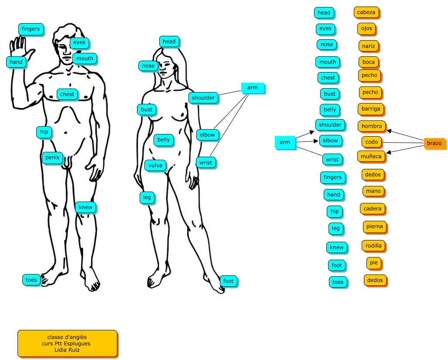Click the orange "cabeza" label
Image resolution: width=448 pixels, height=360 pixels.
coord(366,13)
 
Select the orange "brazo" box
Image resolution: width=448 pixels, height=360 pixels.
coord(434,143)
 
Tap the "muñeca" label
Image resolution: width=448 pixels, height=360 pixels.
coord(371,156)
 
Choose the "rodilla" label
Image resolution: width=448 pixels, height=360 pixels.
coord(373,246)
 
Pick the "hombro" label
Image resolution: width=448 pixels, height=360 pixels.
coord(372,126)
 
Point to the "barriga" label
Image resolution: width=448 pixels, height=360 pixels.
coord(371,109)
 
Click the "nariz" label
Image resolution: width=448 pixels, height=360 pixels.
coord(369,46)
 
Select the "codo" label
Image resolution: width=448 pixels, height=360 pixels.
coord(372,142)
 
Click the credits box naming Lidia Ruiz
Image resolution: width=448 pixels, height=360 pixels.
coord(67,343)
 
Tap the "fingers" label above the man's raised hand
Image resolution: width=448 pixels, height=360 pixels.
coord(31,29)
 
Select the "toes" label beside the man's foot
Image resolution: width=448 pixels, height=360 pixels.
coord(31,280)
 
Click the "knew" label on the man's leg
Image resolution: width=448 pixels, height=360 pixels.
coord(85,207)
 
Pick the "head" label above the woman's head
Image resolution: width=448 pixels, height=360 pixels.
coord(169,41)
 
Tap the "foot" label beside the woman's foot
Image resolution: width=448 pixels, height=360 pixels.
coord(228,281)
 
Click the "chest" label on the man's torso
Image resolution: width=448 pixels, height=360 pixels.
coord(67,94)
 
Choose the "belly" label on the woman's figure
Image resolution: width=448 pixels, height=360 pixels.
coord(164,140)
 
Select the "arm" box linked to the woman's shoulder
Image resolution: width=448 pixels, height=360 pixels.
coord(253,88)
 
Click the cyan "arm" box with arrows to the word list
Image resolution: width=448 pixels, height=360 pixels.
coord(285,142)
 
